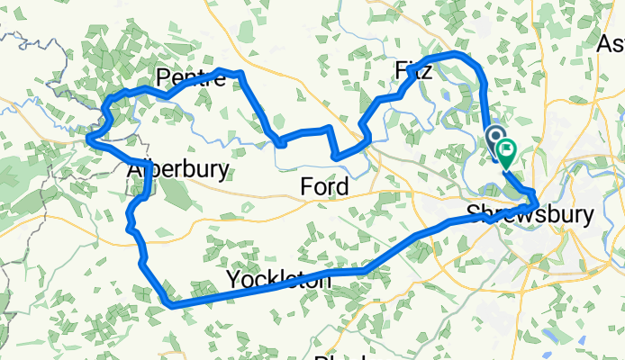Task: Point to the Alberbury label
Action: click(177, 170)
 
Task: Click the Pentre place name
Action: click(190, 78)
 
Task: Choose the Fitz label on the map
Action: click(414, 71)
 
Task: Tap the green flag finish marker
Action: click(506, 156)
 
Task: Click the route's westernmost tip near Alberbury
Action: click(88, 139)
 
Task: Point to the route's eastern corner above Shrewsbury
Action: click(537, 200)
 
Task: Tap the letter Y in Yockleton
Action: click(233, 278)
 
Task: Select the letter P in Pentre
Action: click(163, 78)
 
